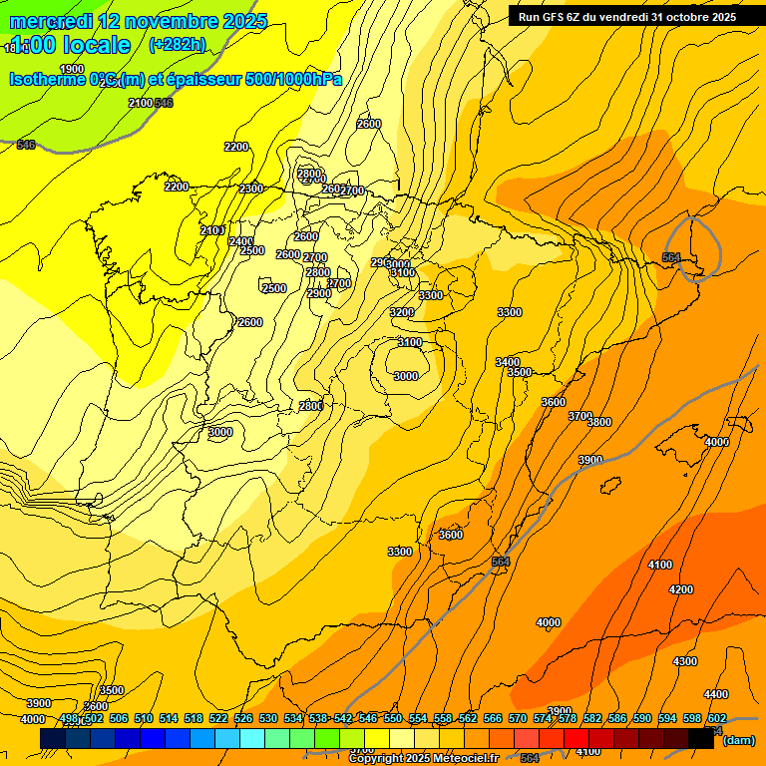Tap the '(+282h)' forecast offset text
coord(177,44)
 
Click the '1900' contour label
coord(72,69)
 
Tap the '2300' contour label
coord(251,189)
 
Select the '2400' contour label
coord(240,241)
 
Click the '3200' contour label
coord(401,312)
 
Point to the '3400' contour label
coord(507,362)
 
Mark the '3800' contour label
coord(599,422)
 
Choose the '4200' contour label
coord(681,589)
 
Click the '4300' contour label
coord(685,661)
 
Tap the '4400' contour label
coord(715,694)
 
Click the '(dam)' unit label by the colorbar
coord(738,739)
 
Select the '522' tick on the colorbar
coord(218,718)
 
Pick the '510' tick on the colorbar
coord(144,718)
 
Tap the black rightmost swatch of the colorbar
coord(700,738)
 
